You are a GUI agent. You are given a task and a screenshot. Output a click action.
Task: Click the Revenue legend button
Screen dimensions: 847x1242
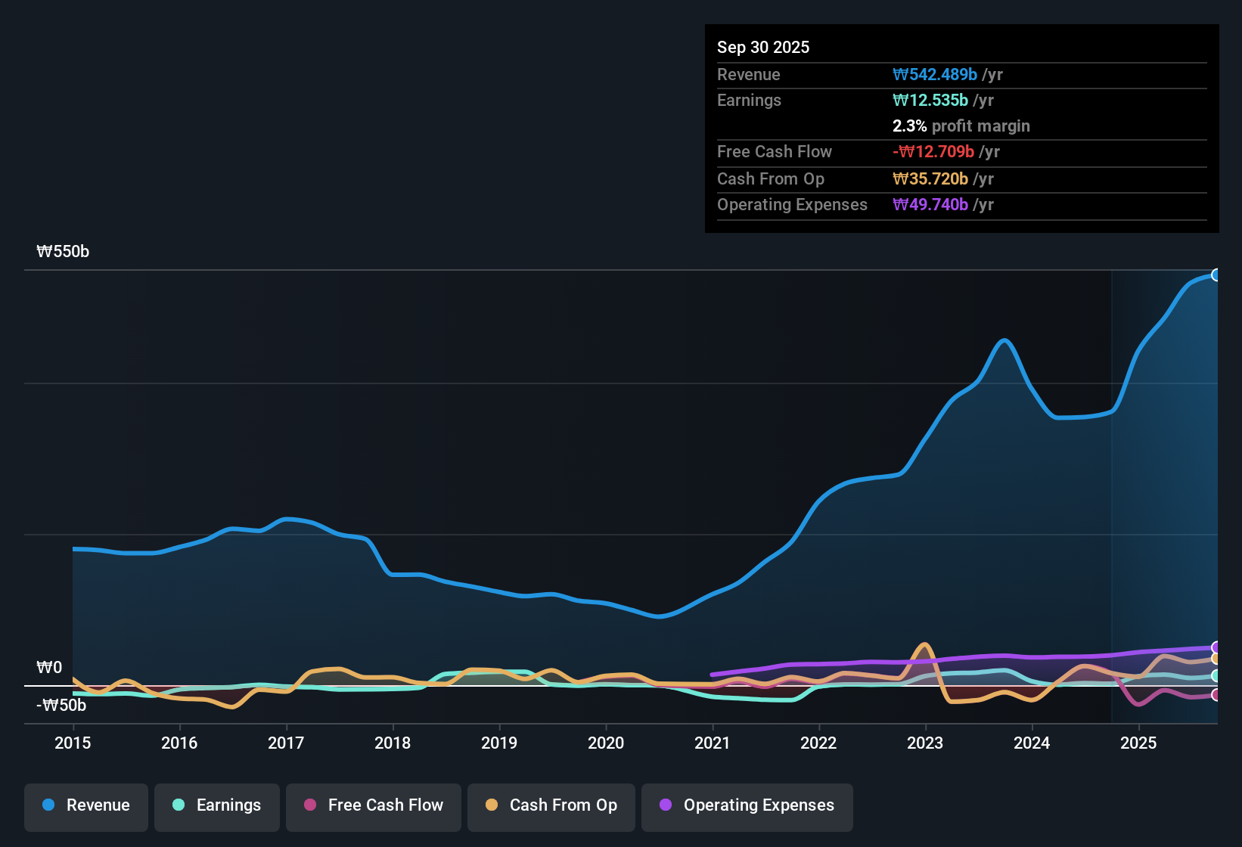(86, 805)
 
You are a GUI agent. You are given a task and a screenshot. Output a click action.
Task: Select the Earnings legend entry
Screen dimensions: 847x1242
(217, 805)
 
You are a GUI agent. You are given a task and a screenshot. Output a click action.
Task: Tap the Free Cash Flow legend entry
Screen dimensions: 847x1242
(374, 805)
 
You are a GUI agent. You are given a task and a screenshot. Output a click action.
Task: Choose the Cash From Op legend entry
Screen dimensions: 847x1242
(551, 805)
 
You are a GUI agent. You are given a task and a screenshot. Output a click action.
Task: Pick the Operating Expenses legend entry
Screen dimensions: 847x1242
(747, 805)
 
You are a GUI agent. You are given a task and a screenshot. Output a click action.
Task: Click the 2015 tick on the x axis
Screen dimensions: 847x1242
(73, 743)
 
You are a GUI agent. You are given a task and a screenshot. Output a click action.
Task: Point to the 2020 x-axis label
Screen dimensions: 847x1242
(606, 743)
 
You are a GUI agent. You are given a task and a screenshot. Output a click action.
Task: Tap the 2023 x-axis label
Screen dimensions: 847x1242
(925, 743)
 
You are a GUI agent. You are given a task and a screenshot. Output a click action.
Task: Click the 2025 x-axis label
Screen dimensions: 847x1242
(1138, 743)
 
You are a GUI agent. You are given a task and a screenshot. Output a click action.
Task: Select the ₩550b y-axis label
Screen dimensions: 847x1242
(63, 252)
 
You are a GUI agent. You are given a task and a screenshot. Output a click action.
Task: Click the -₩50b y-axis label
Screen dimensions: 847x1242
(61, 706)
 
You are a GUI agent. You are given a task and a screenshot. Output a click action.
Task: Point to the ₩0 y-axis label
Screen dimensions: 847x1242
(49, 668)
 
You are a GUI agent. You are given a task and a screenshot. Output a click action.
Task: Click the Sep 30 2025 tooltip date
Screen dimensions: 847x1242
(763, 47)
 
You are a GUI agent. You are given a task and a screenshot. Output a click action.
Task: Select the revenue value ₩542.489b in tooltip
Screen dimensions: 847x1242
(935, 74)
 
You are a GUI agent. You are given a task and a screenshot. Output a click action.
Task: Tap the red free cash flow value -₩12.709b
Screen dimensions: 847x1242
(933, 151)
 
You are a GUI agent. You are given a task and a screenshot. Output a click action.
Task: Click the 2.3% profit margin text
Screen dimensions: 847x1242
(961, 126)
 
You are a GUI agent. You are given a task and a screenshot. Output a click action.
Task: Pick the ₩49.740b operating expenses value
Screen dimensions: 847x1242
(930, 204)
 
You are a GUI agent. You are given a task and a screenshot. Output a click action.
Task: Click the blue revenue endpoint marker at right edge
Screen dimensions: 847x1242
(1216, 275)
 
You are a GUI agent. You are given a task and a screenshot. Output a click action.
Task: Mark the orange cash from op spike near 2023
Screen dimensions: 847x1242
(924, 645)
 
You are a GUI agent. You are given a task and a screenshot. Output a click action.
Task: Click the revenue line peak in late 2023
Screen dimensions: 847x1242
(1004, 340)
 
